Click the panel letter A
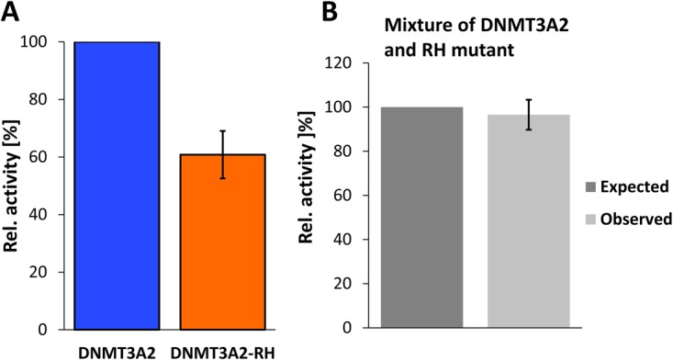point(12,15)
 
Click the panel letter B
point(328,15)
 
